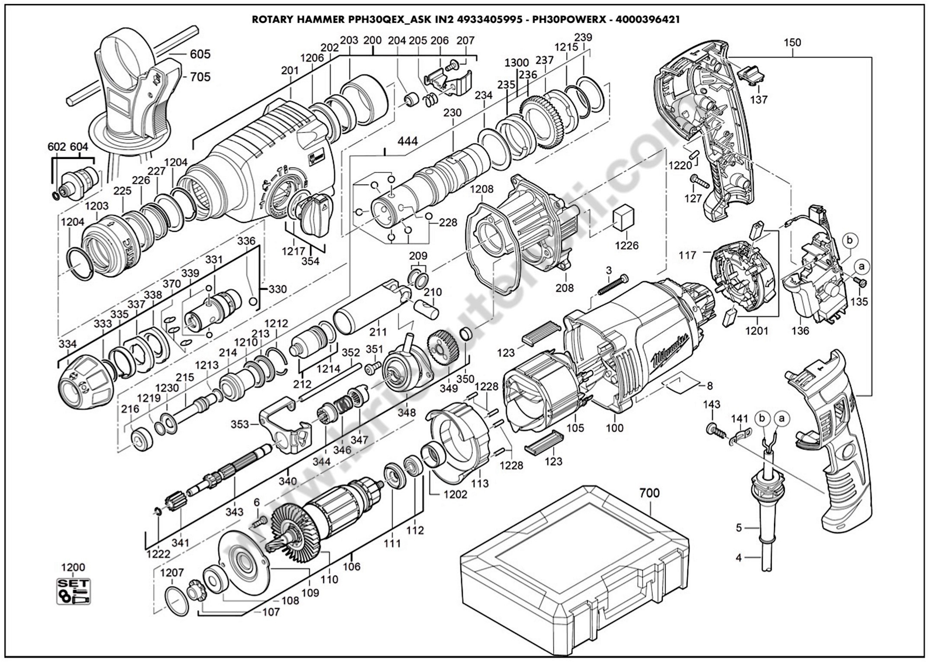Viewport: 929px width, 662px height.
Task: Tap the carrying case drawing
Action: [571, 571]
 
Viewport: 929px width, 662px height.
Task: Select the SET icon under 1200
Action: [73, 591]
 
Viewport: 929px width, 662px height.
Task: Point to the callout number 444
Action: [407, 141]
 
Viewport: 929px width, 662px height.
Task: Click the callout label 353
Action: [240, 424]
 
